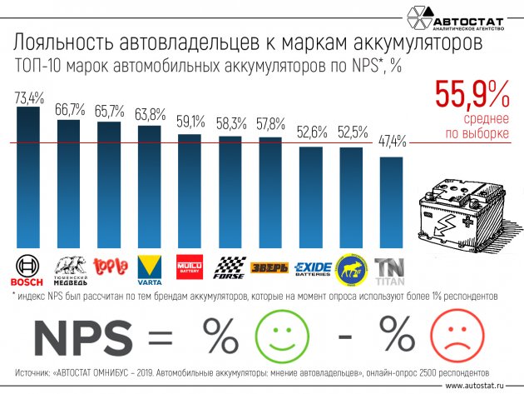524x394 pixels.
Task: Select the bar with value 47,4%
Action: point(392,200)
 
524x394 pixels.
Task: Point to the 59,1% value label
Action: point(190,122)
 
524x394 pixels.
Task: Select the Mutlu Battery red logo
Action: point(190,267)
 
